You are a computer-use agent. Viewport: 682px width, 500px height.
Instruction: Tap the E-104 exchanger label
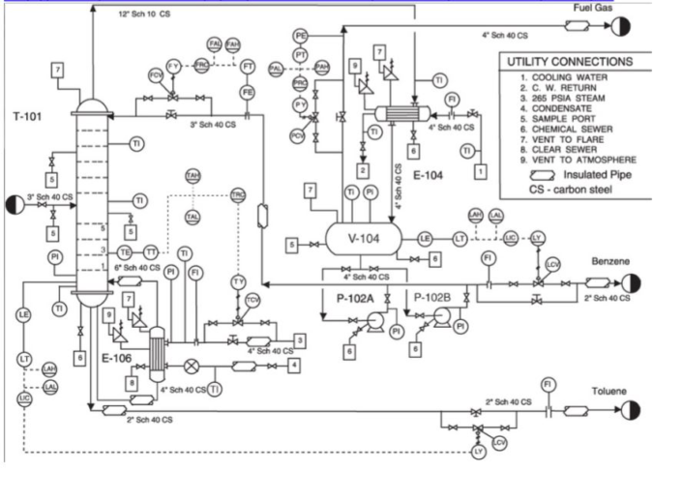426,176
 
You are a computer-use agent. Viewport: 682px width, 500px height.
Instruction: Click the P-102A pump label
355,299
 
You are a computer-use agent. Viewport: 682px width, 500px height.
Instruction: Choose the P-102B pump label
432,298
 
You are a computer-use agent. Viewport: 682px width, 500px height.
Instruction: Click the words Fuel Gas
593,8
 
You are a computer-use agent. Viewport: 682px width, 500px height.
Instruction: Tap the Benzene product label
610,261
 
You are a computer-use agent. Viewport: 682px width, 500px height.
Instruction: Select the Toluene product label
609,392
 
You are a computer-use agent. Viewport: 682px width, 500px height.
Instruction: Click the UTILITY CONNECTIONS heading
570,62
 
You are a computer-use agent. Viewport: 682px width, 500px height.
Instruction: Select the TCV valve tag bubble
252,301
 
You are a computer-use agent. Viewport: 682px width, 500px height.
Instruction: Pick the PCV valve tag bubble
297,135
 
